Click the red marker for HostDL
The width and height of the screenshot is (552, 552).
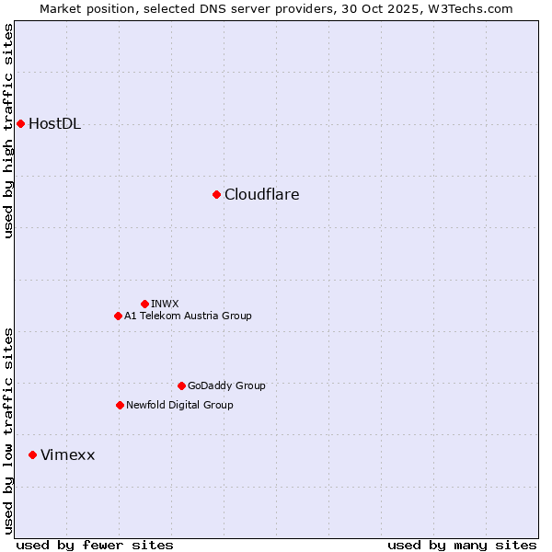point(20,123)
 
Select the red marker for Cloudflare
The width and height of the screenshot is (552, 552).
point(216,194)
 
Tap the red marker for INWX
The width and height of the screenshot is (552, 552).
point(144,304)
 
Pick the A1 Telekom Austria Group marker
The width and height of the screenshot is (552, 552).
point(118,316)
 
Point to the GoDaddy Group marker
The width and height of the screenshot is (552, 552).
point(181,385)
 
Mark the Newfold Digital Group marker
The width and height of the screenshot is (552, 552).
point(120,405)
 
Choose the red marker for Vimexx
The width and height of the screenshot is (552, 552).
point(32,454)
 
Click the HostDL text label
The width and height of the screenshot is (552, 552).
point(54,124)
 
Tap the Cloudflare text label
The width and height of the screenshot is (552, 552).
point(261,195)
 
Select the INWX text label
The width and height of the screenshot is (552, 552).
point(165,304)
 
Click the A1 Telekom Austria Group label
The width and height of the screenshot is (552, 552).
point(188,316)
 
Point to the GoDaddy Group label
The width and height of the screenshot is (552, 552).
point(226,385)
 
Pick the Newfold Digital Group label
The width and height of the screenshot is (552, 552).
point(179,405)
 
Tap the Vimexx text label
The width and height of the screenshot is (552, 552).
point(67,455)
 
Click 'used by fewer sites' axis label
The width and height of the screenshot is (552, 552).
point(95,545)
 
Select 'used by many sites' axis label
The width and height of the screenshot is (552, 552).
point(462,545)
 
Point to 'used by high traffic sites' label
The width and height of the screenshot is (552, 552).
point(9,131)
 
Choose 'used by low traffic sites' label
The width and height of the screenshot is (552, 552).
point(9,431)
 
